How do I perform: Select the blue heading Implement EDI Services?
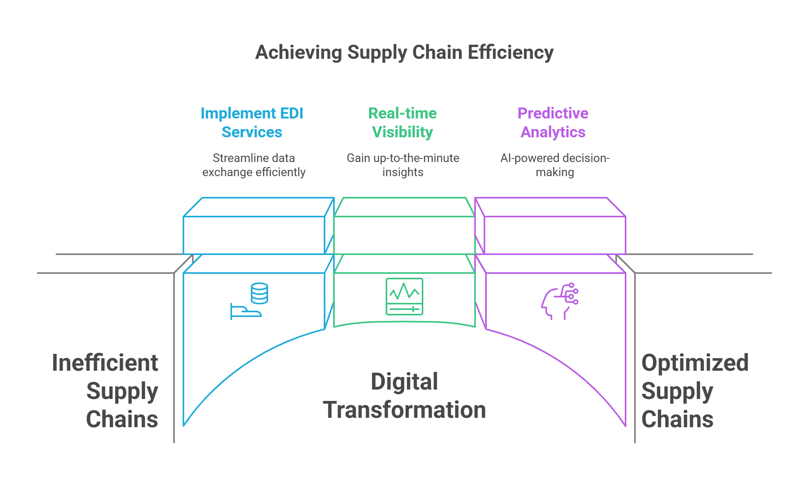point(252,122)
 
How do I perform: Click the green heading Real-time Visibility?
point(403,122)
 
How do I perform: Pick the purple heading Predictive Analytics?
point(553,122)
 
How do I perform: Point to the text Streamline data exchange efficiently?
point(254,165)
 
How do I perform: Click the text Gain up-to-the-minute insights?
point(403,165)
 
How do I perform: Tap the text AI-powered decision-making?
point(555,165)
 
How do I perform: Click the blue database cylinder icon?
point(259,293)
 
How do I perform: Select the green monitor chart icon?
point(404,297)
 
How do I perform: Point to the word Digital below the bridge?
point(404,382)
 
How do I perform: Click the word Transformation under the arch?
point(404,410)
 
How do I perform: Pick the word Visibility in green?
point(403,132)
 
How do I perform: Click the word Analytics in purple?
point(553,132)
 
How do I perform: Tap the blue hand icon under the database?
point(245,312)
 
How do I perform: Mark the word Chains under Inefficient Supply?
point(122,419)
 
